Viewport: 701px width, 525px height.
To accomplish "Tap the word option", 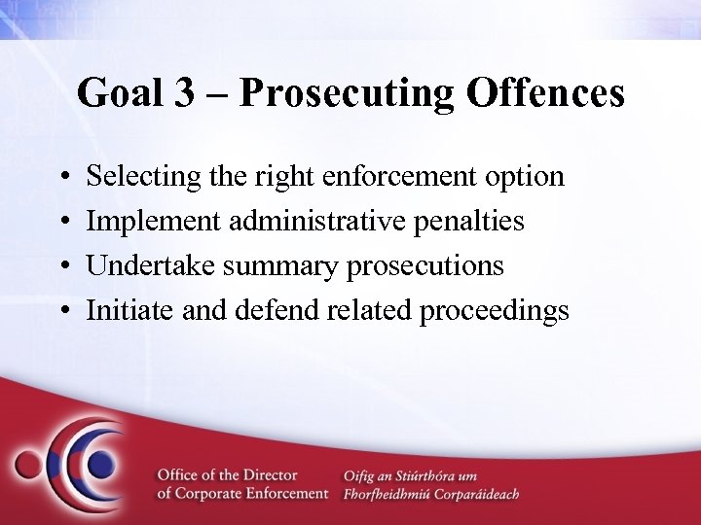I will tap(515, 177).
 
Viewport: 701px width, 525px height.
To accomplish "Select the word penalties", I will tap(462, 221).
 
